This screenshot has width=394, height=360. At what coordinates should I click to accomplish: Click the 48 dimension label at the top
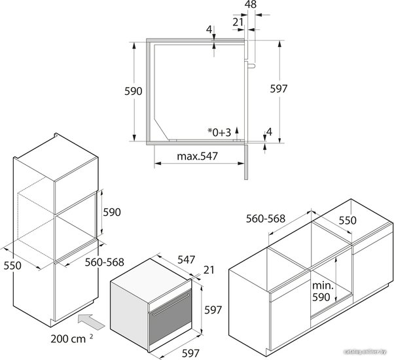click(251, 5)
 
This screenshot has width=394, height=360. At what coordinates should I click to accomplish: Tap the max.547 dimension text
click(197, 156)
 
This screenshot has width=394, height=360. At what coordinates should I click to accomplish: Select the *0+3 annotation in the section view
click(219, 132)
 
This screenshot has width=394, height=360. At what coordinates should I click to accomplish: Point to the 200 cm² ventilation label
click(72, 338)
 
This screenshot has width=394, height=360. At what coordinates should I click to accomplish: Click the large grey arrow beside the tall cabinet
click(91, 321)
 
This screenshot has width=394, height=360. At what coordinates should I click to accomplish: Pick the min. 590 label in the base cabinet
click(323, 291)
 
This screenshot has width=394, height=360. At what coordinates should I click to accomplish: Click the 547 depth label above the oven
click(186, 260)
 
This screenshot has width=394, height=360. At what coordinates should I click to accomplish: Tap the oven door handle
click(171, 304)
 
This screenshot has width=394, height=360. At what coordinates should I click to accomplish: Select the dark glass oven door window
click(170, 318)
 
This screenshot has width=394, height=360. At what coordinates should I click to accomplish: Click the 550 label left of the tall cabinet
click(12, 266)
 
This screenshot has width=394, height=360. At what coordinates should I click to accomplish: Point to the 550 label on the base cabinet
click(348, 221)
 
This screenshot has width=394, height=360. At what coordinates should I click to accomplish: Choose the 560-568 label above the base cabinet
click(266, 219)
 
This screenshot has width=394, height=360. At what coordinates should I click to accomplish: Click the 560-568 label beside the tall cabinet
click(105, 262)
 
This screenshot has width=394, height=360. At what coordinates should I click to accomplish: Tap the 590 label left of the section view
click(134, 91)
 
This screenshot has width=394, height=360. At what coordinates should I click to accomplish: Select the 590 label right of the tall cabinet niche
click(112, 212)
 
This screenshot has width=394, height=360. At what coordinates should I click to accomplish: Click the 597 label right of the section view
click(278, 88)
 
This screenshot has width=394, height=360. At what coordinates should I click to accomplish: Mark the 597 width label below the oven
click(190, 353)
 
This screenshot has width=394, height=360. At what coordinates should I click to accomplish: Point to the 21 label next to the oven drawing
click(209, 270)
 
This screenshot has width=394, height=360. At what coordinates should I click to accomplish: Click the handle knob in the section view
click(252, 65)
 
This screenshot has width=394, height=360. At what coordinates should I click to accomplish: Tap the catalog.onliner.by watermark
click(365, 352)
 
